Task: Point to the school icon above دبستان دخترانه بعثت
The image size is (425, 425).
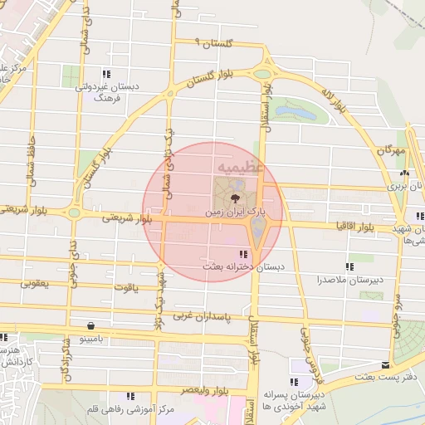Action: (242, 254)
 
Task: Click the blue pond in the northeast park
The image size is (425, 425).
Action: (296, 110)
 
